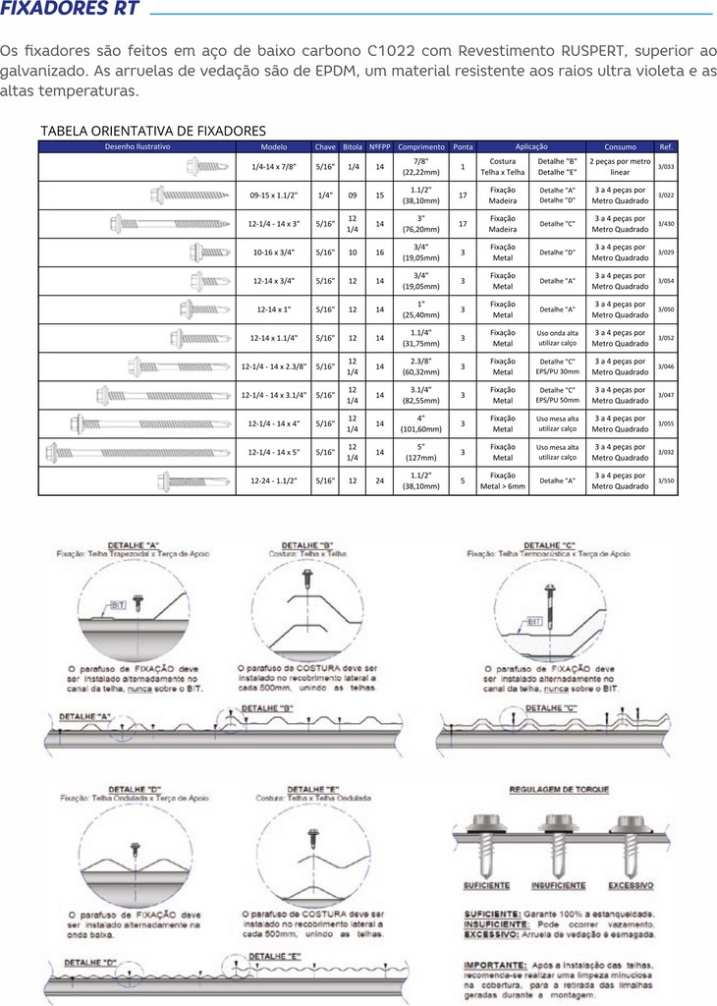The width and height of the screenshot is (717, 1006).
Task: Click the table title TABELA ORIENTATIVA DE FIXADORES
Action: coord(152,130)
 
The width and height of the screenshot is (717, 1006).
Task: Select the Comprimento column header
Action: coord(421,146)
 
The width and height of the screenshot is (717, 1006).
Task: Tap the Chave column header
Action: coord(325,146)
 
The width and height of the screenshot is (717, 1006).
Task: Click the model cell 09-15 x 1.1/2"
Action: coord(274,196)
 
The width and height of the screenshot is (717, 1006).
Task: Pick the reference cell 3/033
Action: coord(666,167)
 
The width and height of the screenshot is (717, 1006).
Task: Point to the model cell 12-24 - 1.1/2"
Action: coord(274,481)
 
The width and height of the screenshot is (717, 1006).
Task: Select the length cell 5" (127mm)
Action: coord(421,452)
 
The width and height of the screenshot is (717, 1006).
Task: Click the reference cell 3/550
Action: coord(666,481)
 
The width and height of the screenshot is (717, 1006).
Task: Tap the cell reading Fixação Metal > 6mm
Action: coord(503,481)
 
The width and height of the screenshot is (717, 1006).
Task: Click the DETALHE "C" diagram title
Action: coord(549,544)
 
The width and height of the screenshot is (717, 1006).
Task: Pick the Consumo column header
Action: coord(620,146)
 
